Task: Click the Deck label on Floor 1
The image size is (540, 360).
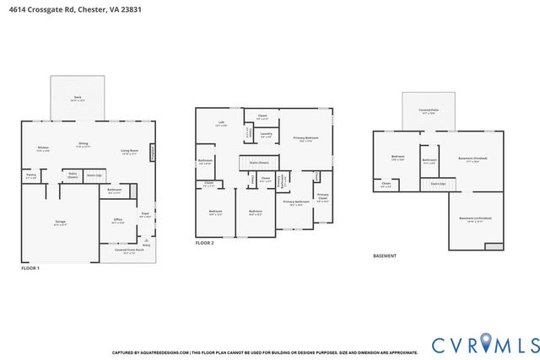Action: tap(77, 98)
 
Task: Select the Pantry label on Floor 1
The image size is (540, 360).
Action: tap(31, 177)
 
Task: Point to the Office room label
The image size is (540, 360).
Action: tap(117, 221)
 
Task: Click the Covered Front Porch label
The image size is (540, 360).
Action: tap(129, 250)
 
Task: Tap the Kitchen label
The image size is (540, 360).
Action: tap(43, 148)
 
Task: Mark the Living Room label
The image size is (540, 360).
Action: tap(129, 151)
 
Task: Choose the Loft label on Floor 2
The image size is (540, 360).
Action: tap(221, 123)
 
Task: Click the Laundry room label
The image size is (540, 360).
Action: tap(265, 134)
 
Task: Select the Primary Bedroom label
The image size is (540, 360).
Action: tap(305, 138)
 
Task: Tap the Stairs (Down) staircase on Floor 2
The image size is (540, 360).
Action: tap(257, 162)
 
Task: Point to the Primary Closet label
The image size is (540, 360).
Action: tap(322, 198)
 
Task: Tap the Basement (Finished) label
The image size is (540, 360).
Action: tap(472, 159)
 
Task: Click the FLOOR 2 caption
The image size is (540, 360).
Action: tap(205, 243)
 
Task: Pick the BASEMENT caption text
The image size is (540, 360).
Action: tap(385, 255)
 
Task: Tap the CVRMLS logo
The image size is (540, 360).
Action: tap(484, 344)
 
